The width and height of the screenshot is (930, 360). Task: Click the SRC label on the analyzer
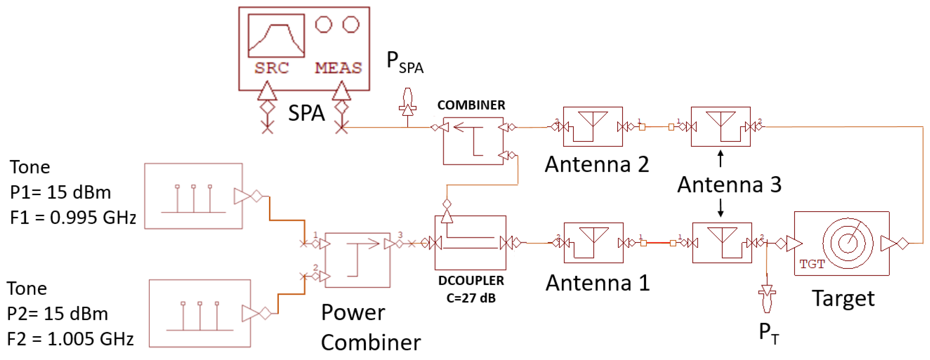point(271,68)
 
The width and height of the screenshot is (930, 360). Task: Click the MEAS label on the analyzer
point(338,68)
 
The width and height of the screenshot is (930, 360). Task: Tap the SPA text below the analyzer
point(306,113)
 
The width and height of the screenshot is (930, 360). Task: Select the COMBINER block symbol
point(473,141)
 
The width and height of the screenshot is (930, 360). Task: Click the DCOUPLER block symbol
point(470,243)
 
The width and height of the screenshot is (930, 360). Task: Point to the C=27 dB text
point(471,298)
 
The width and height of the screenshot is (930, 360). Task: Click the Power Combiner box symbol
point(357,260)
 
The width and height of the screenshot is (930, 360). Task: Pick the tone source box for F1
point(193,196)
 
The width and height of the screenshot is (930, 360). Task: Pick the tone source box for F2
point(200,313)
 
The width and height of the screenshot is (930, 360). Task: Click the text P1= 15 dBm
point(60,192)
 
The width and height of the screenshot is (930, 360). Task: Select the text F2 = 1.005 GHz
point(70,339)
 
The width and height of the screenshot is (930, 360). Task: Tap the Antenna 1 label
point(597,283)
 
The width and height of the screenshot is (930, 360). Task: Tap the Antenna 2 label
point(597,164)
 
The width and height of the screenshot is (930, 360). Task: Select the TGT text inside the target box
point(812,264)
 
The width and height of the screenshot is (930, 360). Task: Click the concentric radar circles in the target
point(847,243)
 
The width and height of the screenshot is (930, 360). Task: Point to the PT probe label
point(769,333)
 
